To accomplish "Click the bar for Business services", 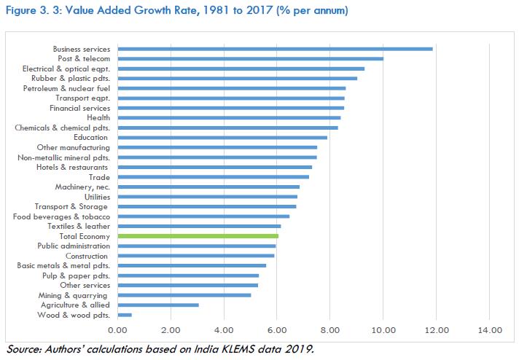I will point(275,49).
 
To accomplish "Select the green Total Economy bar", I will point(198,236).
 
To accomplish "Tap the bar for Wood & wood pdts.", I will point(125,315).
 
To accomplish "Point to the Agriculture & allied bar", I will point(158,305).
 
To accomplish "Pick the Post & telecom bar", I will point(250,58).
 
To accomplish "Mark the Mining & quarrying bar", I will point(184,295).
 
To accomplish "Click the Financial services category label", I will point(80,108).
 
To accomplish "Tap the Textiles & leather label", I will point(77,226).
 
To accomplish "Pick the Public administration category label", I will point(74,246).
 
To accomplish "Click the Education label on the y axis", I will point(91,137).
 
